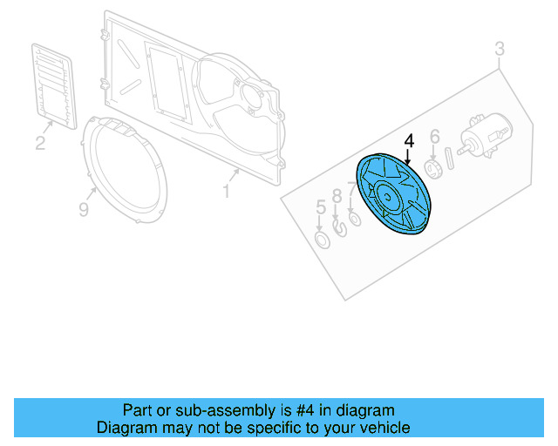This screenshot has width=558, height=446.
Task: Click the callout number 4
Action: tap(409, 141)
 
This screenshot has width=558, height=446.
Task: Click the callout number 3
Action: tap(500, 49)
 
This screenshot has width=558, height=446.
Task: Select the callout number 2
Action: tap(40, 143)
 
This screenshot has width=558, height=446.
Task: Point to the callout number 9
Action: tap(84, 210)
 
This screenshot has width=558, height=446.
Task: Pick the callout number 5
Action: tap(320, 207)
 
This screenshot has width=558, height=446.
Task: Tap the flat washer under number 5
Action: tap(321, 239)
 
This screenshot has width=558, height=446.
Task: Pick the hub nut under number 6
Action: tap(432, 167)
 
